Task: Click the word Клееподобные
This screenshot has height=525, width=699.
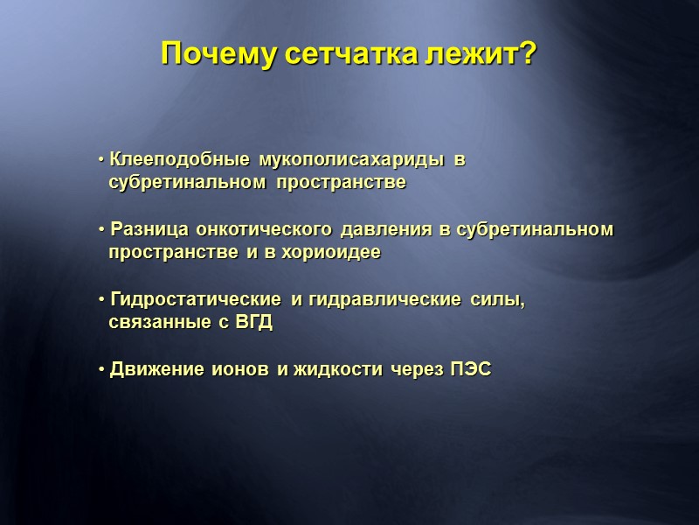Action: click(x=180, y=161)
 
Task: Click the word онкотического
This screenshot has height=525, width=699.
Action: click(x=264, y=230)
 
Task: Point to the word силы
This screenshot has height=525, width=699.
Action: click(x=498, y=300)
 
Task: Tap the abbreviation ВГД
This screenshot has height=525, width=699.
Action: click(x=254, y=323)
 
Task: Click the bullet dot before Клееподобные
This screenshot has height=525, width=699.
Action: click(x=101, y=161)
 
